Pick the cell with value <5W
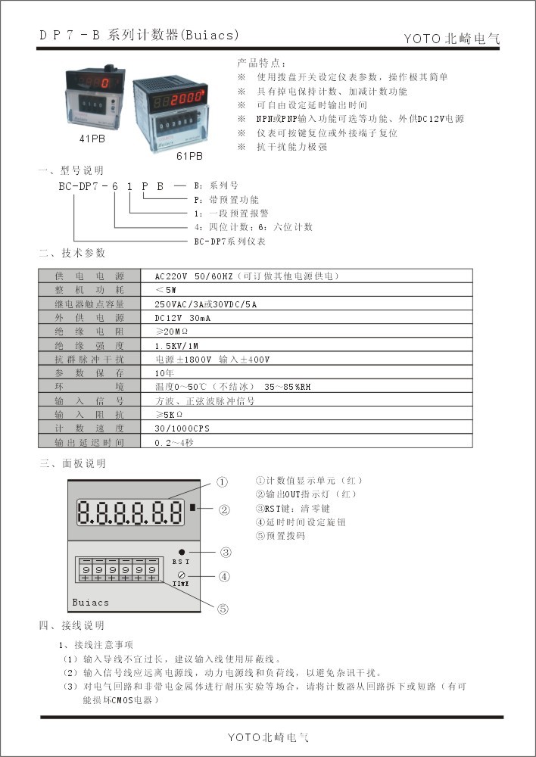167,290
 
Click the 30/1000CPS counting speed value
182,428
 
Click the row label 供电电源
89,276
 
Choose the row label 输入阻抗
89,414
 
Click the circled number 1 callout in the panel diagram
223,481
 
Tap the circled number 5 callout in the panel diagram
223,607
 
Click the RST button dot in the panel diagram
182,552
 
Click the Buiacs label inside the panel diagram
91,603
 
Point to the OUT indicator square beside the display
194,508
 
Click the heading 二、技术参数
73,252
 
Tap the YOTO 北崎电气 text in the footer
268,737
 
